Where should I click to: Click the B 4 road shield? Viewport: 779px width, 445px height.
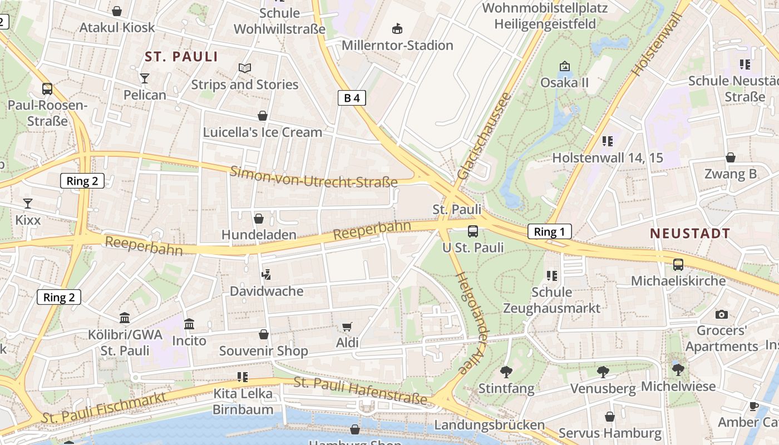coord(352,98)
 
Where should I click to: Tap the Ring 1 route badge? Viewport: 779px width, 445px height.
coord(549,232)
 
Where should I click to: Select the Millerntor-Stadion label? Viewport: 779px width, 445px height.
coord(397,45)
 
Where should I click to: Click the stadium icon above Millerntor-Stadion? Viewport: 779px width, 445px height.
coord(397,28)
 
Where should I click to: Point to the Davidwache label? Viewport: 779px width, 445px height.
coord(267,291)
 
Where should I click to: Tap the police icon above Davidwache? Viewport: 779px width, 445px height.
coord(267,274)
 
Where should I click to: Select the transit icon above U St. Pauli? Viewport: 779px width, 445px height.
coord(472,231)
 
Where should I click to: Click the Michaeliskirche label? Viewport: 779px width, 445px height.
coord(678,281)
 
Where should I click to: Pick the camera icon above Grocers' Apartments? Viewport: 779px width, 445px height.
coord(722,314)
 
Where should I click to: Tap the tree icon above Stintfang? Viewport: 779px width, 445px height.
coord(506,372)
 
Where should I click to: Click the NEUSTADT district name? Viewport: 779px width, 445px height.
coord(690,234)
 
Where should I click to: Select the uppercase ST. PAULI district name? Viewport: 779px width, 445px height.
coord(181,57)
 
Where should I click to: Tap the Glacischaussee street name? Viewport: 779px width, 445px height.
coord(484,136)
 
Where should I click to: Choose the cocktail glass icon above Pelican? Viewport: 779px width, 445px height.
coord(145,78)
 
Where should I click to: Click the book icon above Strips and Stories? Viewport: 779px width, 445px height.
coord(245,68)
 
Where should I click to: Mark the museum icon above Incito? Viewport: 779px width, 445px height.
coord(189,324)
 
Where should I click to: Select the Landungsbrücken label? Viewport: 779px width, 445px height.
coord(489,425)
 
